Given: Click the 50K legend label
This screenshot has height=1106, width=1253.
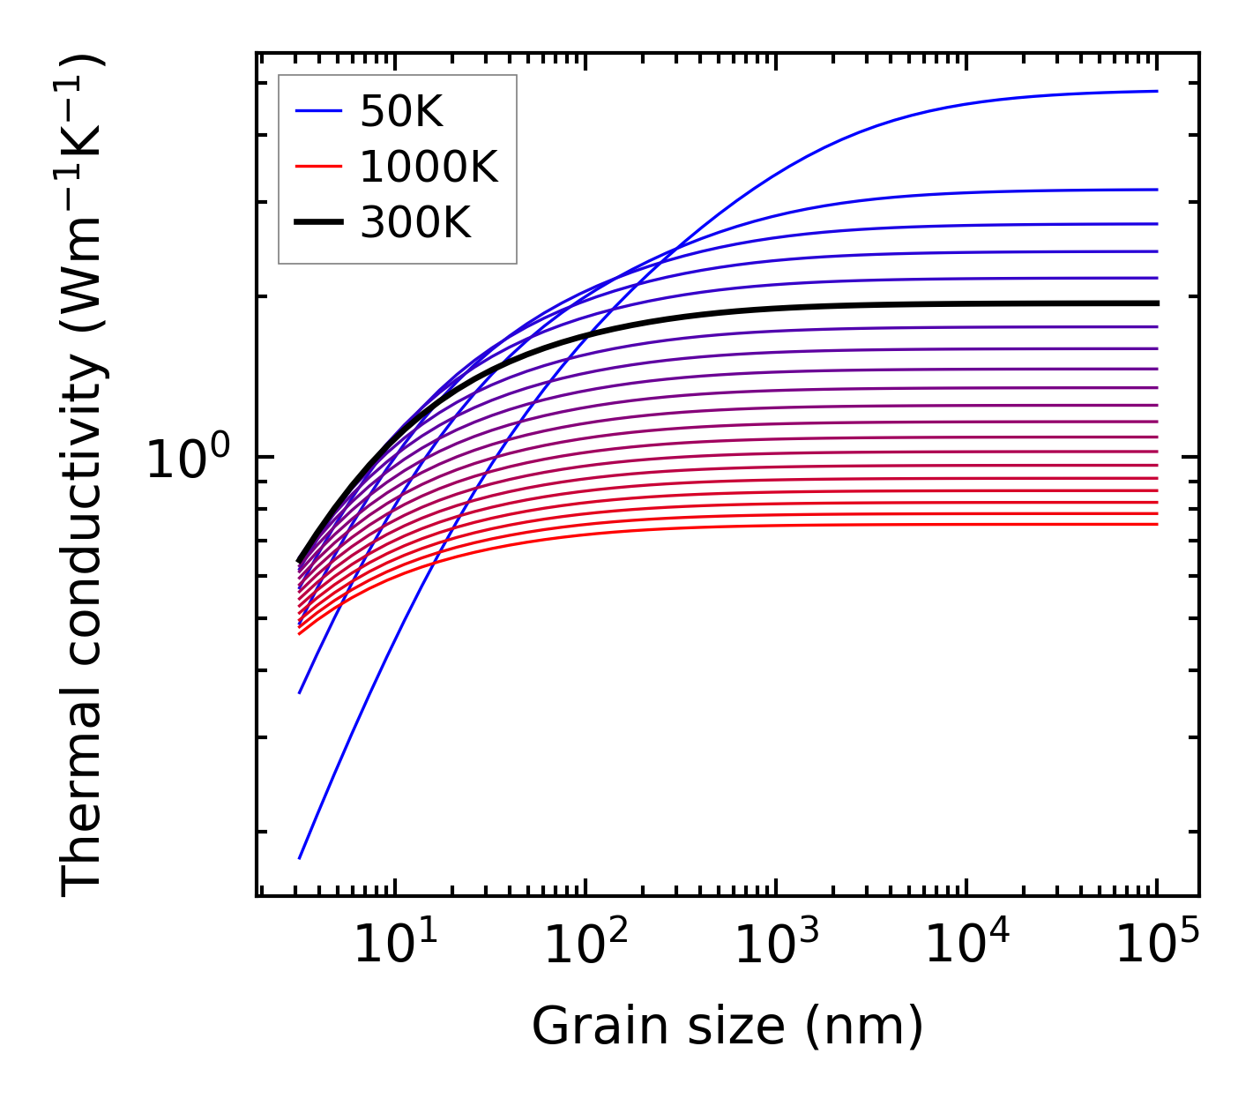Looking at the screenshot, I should tap(400, 111).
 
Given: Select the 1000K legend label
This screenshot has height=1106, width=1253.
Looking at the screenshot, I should tap(429, 166).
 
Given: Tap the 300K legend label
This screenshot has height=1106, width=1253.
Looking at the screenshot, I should tap(415, 222).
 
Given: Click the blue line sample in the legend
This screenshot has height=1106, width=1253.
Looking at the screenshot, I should tap(318, 111).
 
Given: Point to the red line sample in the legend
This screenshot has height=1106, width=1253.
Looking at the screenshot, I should tap(318, 166).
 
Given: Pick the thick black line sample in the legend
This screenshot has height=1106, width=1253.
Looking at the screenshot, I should tap(318, 222).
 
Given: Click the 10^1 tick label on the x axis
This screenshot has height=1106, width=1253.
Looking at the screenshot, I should tap(395, 945).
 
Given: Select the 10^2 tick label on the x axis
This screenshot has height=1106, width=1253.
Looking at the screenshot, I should tap(585, 945).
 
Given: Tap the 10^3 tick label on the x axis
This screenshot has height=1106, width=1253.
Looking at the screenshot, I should tap(776, 945).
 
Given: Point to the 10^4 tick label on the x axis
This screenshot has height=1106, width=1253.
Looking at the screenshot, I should tap(966, 945).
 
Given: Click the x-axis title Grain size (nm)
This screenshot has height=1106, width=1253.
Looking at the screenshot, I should tap(727, 1026).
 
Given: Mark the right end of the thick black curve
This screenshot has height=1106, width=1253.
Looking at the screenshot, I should tap(1156, 303).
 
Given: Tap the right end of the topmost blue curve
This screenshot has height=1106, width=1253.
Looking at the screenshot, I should tap(1156, 91).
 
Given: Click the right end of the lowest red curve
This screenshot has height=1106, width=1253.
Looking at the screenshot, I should tap(1156, 525).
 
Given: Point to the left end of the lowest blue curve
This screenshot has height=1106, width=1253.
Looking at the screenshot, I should tap(300, 857).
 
